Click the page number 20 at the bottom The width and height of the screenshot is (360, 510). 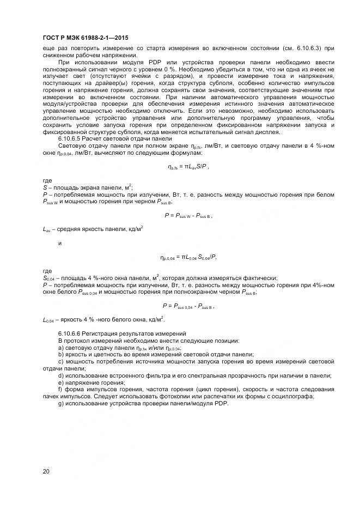(x=46, y=471)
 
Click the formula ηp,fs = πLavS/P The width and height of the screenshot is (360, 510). (x=188, y=167)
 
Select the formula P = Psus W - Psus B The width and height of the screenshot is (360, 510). (x=188, y=215)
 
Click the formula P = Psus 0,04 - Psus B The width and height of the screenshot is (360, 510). (x=188, y=306)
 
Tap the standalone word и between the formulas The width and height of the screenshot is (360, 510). (x=59, y=243)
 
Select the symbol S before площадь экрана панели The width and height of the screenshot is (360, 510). (x=44, y=187)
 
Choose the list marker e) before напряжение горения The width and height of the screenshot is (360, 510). (x=60, y=382)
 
